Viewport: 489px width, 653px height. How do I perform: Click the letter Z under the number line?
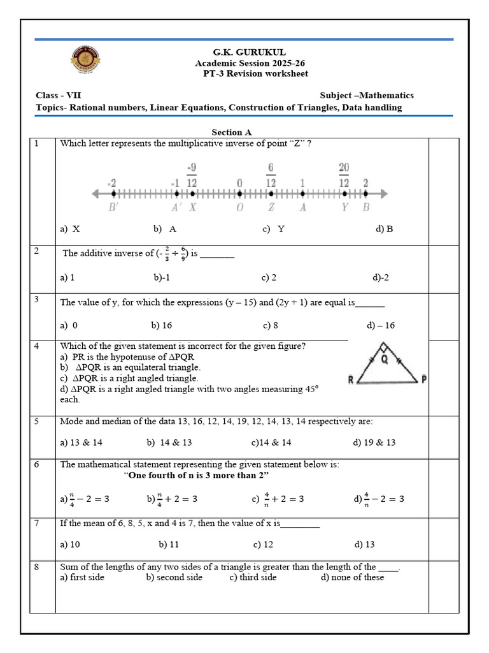click(x=271, y=208)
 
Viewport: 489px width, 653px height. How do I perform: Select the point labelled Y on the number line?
click(x=344, y=193)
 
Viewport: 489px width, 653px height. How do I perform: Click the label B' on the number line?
click(x=113, y=208)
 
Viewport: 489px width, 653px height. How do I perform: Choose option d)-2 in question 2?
click(x=381, y=278)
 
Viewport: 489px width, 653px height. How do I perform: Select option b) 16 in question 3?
click(x=162, y=325)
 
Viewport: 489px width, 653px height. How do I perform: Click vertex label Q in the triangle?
click(x=384, y=358)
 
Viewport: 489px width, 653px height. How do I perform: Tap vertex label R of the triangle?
click(x=351, y=381)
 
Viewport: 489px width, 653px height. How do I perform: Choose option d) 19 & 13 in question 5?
click(x=374, y=443)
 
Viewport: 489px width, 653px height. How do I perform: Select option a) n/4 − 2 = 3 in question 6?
click(x=85, y=499)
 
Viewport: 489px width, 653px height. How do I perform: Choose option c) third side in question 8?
click(x=253, y=577)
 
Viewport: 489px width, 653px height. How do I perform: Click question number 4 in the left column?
click(x=37, y=346)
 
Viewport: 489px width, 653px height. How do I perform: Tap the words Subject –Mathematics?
click(x=367, y=95)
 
